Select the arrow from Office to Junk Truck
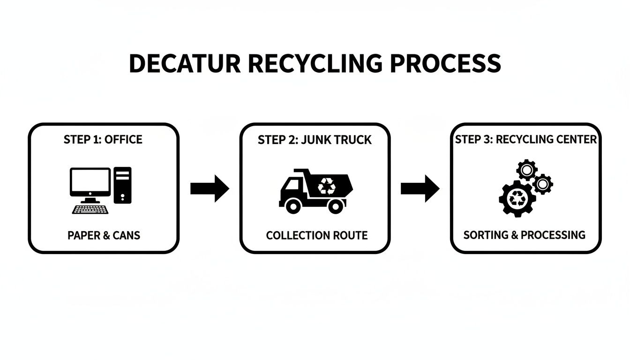[210, 188]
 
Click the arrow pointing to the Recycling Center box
[420, 188]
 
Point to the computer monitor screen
[90, 182]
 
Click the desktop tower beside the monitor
[122, 185]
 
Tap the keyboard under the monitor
[90, 209]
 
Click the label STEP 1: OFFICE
[103, 140]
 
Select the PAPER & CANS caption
[104, 235]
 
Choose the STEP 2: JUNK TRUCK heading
[315, 140]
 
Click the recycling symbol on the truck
[327, 186]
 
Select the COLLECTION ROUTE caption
[316, 235]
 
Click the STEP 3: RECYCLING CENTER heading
[526, 140]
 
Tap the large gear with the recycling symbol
[517, 198]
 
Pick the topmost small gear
[526, 169]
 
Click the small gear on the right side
[542, 184]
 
